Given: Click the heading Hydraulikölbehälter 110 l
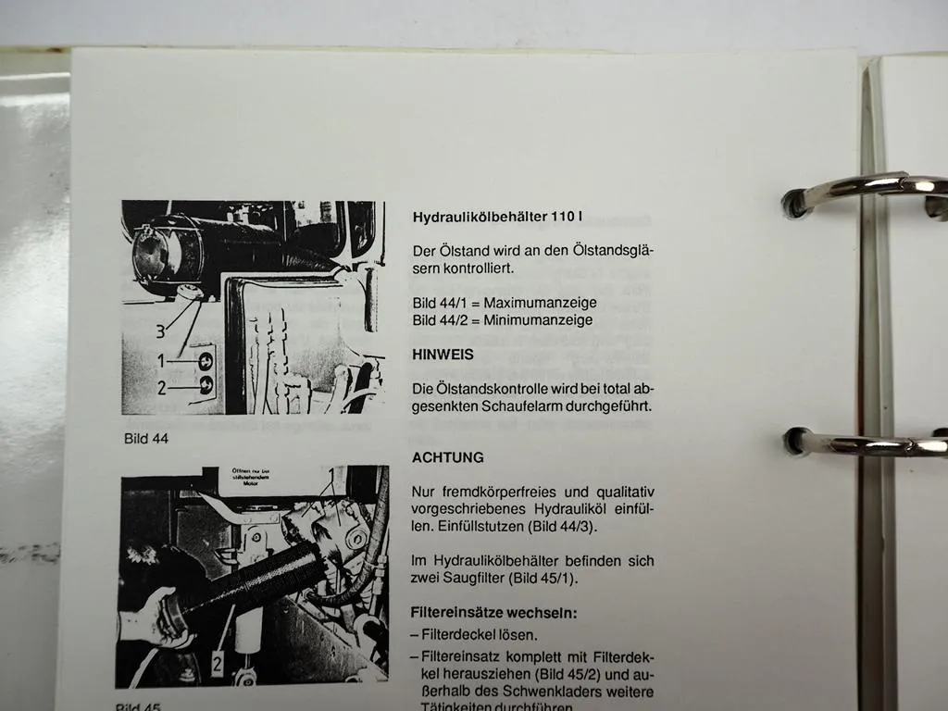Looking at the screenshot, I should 497,218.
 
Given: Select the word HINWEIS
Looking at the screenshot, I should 443,354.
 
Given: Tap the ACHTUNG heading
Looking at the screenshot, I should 447,457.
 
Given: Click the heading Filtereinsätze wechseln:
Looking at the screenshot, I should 494,612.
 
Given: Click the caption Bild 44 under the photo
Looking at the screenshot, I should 146,439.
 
